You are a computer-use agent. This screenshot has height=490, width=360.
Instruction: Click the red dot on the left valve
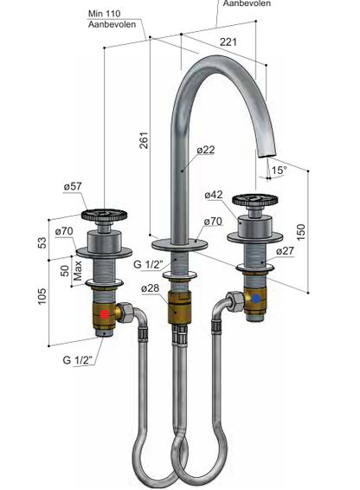105,314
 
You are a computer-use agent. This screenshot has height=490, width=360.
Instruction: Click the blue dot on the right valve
256,299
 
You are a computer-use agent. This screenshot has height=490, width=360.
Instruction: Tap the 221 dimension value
228,42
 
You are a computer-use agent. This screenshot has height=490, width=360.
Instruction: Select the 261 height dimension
144,140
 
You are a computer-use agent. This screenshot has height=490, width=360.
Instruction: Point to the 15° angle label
279,171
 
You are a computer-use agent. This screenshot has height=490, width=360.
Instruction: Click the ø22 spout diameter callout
206,150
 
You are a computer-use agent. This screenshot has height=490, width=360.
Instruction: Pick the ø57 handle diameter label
73,186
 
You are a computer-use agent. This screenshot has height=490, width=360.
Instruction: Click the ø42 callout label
214,195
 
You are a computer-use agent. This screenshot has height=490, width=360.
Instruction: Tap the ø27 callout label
285,250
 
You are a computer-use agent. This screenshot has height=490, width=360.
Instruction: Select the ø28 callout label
151,288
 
